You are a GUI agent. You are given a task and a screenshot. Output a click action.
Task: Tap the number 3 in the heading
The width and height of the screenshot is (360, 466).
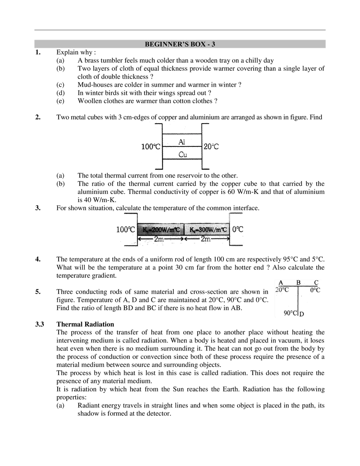[x=213, y=44]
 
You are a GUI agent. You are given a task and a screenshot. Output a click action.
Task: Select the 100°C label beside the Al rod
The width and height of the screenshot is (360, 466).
[x=150, y=146]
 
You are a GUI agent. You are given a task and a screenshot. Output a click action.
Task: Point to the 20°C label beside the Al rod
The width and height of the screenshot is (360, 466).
[x=211, y=146]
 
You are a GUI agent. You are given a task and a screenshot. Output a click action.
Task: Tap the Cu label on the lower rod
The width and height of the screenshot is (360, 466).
[x=182, y=154]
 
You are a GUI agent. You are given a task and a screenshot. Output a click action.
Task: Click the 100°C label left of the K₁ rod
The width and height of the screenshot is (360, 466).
[x=126, y=230]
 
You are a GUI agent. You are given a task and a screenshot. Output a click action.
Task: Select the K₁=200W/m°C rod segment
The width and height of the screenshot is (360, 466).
[x=161, y=230]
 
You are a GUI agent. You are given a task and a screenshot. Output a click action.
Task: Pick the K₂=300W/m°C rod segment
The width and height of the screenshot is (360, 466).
[x=208, y=230]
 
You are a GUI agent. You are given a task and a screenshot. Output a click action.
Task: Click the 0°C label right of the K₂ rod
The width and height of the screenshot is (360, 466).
[x=238, y=230]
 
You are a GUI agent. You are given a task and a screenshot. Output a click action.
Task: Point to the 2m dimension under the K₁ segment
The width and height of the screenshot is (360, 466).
[x=161, y=240]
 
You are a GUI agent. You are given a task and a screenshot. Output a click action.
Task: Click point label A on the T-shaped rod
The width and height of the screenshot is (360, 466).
[x=281, y=282]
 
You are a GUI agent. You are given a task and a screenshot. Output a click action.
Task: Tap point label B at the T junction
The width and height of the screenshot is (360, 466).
[x=299, y=282]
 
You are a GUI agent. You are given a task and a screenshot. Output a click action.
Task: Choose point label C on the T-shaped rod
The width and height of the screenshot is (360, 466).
[x=316, y=282]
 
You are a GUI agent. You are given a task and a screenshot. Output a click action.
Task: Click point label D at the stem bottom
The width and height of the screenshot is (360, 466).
[x=301, y=314]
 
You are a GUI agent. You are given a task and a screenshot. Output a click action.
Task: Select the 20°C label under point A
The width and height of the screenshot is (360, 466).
[x=282, y=290]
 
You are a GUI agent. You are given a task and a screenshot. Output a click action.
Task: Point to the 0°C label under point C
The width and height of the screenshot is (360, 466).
[x=315, y=290]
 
